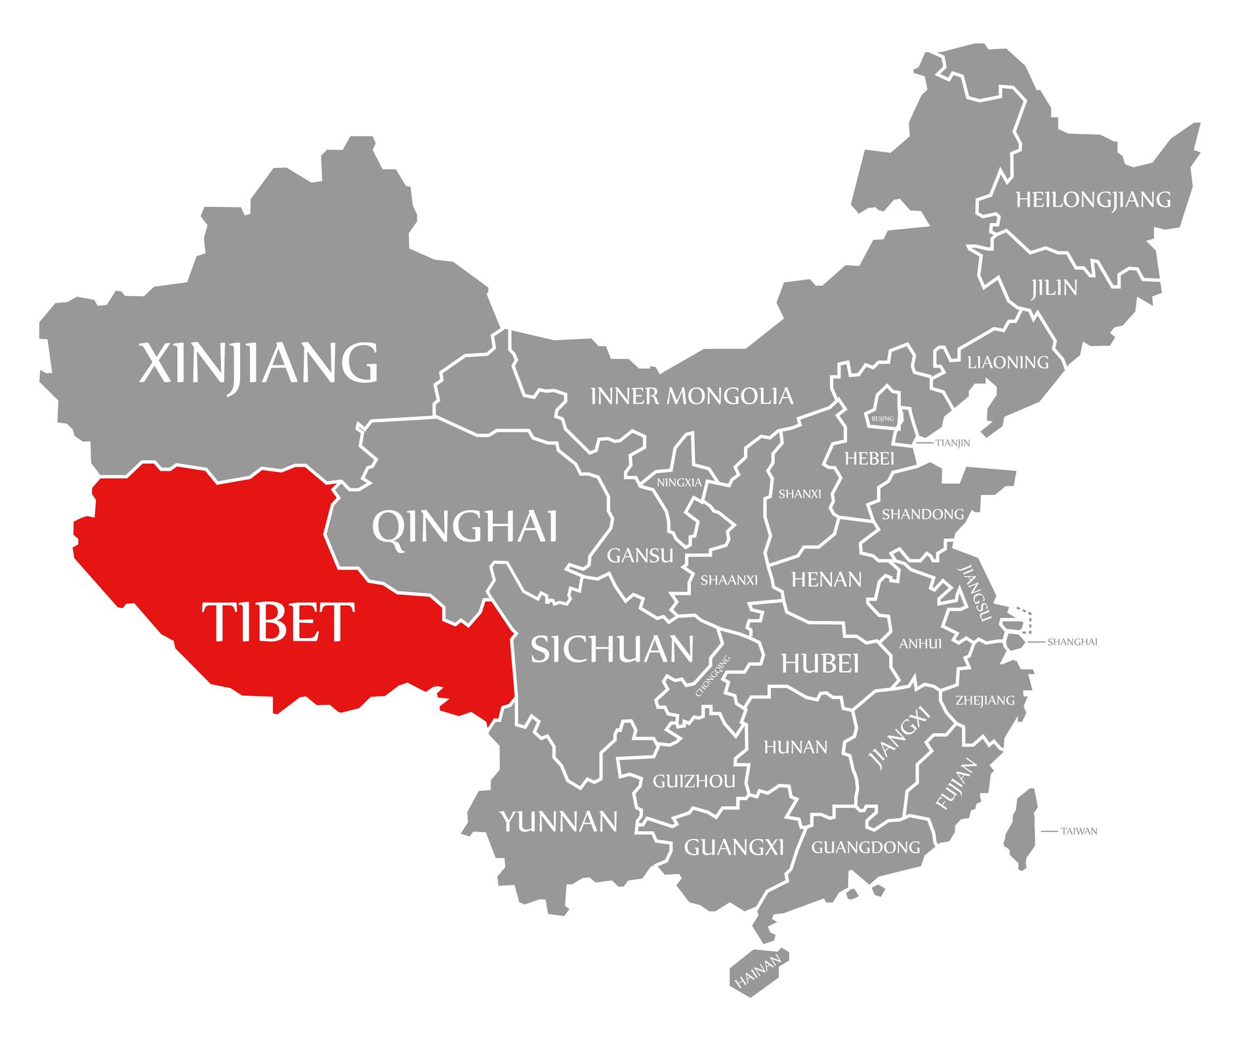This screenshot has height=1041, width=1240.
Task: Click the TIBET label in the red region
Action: (x=278, y=621)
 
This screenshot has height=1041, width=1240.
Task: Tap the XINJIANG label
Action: (x=258, y=363)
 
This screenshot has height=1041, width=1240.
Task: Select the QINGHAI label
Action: (x=465, y=526)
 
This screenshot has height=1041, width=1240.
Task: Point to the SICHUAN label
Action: (x=612, y=649)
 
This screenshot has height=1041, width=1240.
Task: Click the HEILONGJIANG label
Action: (x=1093, y=200)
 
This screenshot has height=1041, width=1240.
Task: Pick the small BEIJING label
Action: (x=882, y=419)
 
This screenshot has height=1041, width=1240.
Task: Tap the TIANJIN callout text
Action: (x=952, y=443)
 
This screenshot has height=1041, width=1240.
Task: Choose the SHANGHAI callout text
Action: (x=1072, y=642)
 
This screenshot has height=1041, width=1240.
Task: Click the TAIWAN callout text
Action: (x=1079, y=831)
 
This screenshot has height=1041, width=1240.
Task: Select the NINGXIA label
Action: (x=679, y=482)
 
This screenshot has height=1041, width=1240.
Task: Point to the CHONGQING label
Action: (x=713, y=675)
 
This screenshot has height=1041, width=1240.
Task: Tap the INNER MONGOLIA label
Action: (x=692, y=396)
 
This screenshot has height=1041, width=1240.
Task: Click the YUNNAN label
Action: (x=559, y=822)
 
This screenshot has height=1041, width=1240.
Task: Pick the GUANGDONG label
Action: (x=865, y=847)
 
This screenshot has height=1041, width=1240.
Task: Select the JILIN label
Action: (x=1054, y=287)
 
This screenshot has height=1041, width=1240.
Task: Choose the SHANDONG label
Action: (x=922, y=514)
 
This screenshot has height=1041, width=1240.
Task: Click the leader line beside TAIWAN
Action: (x=1049, y=831)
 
